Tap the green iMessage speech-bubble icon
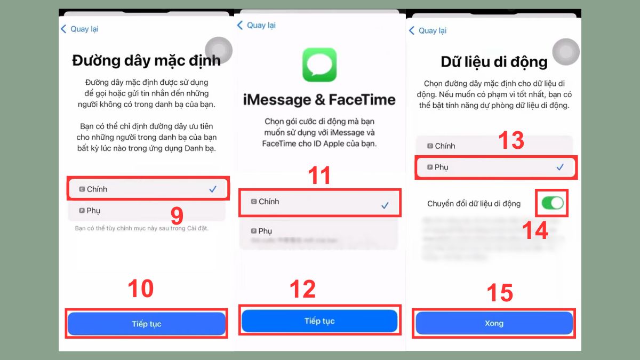(319, 65)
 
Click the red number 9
(177, 215)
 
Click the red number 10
(141, 289)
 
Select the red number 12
(303, 289)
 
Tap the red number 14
(535, 230)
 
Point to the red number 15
(500, 293)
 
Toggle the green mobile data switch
(552, 203)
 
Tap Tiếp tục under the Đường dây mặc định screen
(147, 324)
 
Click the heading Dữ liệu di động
(494, 62)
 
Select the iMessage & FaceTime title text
(319, 99)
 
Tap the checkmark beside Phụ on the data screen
(560, 167)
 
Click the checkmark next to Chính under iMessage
(385, 205)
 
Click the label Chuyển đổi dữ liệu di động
(474, 204)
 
